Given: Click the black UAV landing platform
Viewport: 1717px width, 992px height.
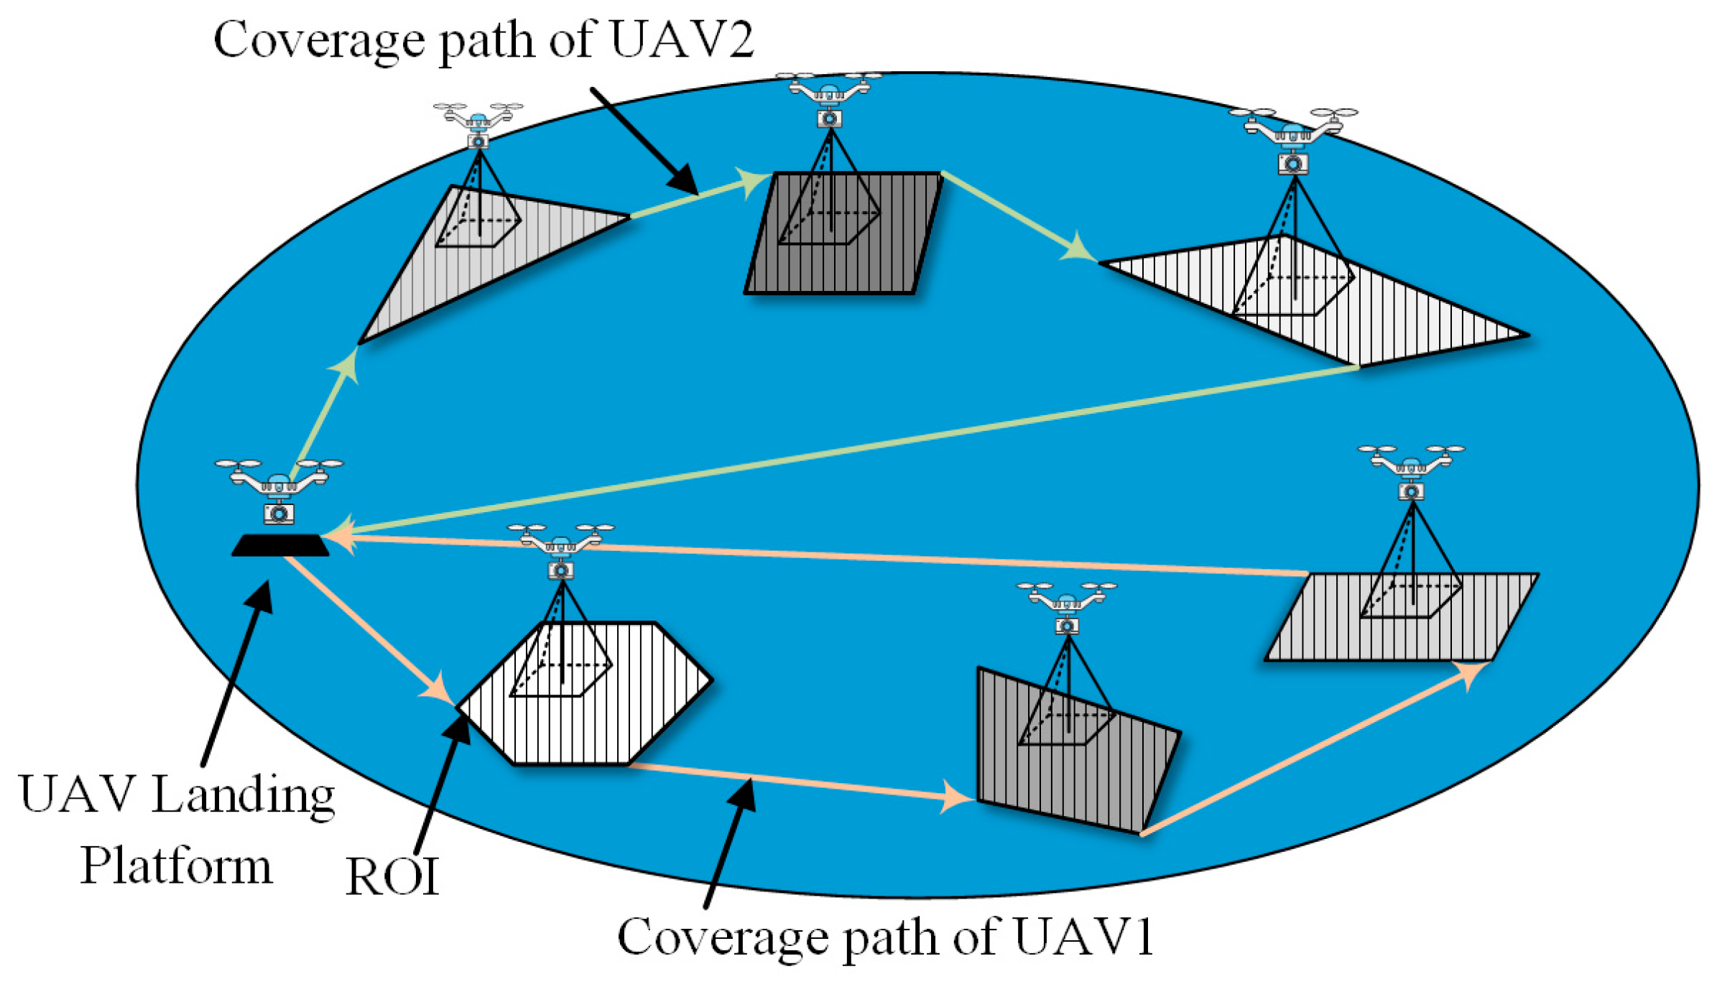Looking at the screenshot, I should pyautogui.click(x=279, y=545).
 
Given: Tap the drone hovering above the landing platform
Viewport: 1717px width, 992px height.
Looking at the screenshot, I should pyautogui.click(x=279, y=488).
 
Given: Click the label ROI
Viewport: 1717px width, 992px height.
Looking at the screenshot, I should pyautogui.click(x=392, y=876).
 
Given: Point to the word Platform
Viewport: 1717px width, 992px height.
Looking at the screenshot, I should pyautogui.click(x=176, y=865).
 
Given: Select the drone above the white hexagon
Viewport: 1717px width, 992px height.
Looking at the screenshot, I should pyautogui.click(x=560, y=550).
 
